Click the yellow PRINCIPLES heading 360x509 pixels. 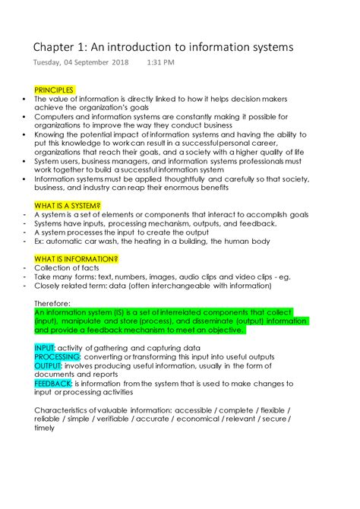(55, 90)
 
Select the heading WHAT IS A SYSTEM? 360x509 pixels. (68, 206)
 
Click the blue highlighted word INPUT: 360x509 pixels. (46, 347)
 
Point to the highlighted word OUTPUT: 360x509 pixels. (48, 365)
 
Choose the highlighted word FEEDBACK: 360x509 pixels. (53, 384)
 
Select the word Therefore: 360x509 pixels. (52, 302)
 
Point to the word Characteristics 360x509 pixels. (64, 410)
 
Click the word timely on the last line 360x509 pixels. (44, 428)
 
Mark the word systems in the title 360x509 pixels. (267, 47)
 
